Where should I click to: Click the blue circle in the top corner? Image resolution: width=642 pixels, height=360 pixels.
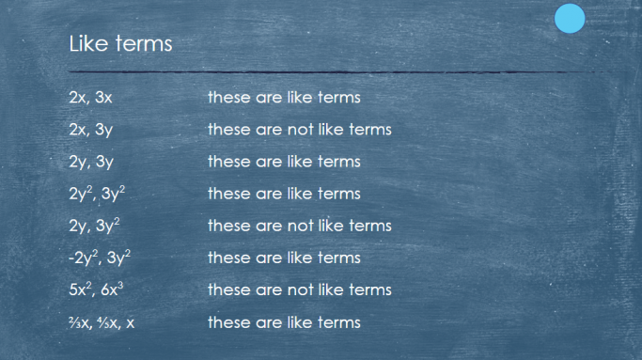click(570, 18)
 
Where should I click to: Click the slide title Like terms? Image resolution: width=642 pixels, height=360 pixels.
click(120, 43)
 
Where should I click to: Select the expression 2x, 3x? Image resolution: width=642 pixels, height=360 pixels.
click(90, 98)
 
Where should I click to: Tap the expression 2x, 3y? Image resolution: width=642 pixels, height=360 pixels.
click(90, 130)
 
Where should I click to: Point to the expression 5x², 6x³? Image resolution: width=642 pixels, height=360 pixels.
click(96, 290)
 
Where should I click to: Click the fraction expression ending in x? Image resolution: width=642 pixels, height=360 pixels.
click(102, 322)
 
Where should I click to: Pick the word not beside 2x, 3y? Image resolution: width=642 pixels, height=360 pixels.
click(297, 130)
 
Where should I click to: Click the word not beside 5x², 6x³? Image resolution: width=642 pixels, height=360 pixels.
click(297, 290)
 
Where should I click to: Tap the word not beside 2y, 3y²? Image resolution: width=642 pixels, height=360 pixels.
click(297, 226)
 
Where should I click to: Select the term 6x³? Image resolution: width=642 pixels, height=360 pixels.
click(110, 290)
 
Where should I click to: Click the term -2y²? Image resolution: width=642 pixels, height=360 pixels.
click(83, 258)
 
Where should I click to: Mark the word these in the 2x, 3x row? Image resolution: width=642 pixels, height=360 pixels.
click(228, 98)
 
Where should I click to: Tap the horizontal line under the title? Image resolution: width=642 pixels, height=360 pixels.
click(320, 72)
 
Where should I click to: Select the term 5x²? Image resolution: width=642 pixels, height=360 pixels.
click(81, 290)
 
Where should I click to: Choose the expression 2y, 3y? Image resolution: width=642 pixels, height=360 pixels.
click(90, 162)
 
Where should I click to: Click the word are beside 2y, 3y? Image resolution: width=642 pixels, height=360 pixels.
click(268, 162)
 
